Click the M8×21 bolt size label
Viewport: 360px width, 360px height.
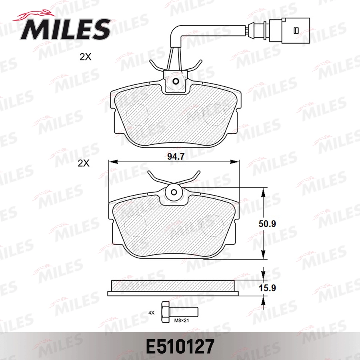[x=181, y=320]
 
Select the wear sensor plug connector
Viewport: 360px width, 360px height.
[x=290, y=30]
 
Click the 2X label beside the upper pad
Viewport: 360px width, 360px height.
[x=85, y=57]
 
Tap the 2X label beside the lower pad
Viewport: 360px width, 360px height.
[x=84, y=164]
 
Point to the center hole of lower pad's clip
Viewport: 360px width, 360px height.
[x=174, y=192]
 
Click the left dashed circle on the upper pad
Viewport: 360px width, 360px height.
[x=136, y=112]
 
